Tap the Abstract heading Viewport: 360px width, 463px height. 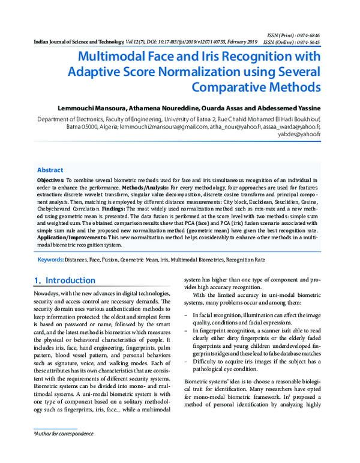click(x=50, y=170)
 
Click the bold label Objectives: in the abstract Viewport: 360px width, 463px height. click(x=50, y=180)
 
